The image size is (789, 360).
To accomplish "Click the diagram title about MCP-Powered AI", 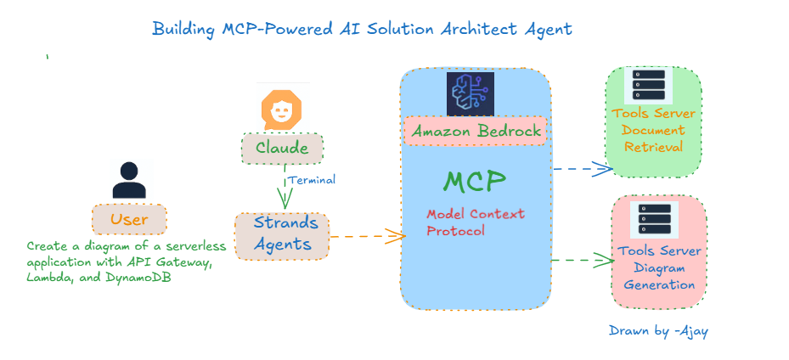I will click(362, 29).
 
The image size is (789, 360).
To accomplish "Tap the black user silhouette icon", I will click(129, 179).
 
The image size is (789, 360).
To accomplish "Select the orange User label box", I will click(129, 219).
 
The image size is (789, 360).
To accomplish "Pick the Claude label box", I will click(282, 149).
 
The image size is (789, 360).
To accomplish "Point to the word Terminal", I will click(312, 180).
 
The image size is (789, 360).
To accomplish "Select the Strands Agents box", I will click(282, 235).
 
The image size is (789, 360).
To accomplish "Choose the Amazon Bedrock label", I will click(476, 132).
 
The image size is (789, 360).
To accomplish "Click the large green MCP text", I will click(475, 181).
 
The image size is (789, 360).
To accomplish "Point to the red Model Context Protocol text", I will click(475, 222).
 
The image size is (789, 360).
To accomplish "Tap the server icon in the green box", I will click(653, 87).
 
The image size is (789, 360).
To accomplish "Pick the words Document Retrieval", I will click(653, 138).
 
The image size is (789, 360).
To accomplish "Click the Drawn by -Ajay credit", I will click(658, 330).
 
